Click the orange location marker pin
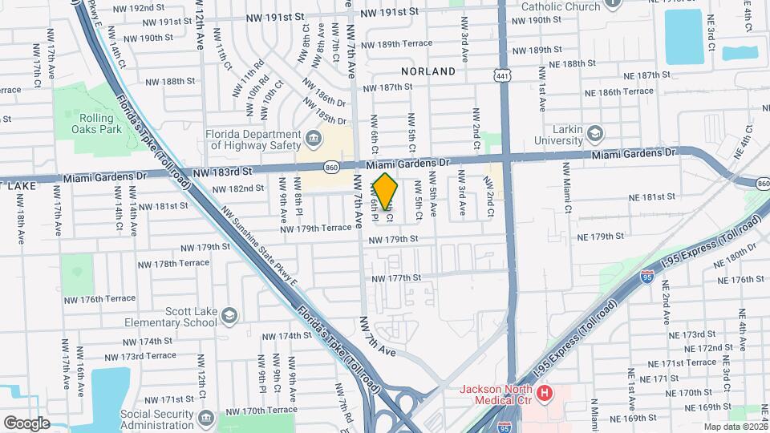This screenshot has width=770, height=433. pos(386,191)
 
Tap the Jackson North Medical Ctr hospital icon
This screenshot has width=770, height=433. pos(545,393)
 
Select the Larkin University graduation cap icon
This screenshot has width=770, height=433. pos(594,132)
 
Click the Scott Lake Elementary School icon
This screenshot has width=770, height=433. pos(229,315)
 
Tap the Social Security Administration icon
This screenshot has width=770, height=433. pos(205,418)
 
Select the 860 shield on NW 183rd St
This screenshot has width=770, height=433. pos(331,167)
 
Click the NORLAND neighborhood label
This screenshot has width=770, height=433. pos(428,71)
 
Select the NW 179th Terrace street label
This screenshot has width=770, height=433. pos(316,229)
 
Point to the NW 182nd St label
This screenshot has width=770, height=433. pos(238,188)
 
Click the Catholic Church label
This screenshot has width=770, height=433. pos(561,6)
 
